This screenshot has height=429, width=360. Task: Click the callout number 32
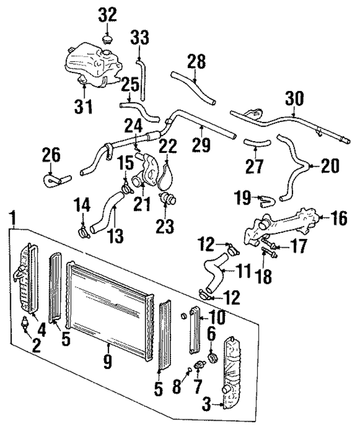107,15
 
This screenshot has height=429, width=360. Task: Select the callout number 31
84,106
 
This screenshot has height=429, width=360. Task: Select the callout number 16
339,218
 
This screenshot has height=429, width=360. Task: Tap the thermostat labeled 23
166,198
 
